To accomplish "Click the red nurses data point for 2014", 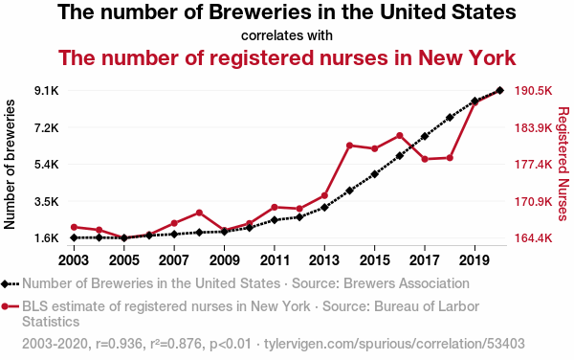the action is (x=349, y=146).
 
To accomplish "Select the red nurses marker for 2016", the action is (x=399, y=136).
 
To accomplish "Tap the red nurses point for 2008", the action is (x=199, y=213).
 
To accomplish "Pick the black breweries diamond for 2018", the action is (x=450, y=118).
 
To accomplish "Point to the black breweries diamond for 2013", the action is (x=324, y=208).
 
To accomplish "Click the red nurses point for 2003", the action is (x=74, y=227).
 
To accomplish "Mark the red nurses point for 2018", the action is (x=450, y=158).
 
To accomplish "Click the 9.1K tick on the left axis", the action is (x=47, y=90).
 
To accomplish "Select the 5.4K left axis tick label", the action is (x=47, y=165).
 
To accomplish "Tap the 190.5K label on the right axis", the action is (x=534, y=90).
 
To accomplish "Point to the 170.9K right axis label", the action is (x=534, y=201).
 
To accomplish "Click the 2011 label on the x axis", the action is (x=275, y=260).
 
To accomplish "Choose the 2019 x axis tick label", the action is (x=475, y=260).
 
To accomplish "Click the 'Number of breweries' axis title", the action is (x=10, y=165).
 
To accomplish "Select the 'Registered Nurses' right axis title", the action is (x=563, y=164).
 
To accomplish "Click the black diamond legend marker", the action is (x=5, y=283).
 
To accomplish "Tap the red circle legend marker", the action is (x=5, y=306).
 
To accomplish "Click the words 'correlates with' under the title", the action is (x=287, y=35).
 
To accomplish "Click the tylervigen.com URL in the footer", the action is (x=394, y=344).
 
